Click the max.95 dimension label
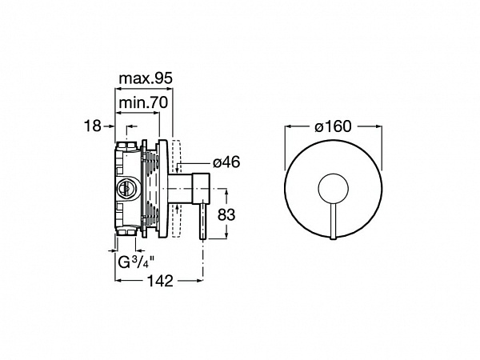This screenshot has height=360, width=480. [146, 78]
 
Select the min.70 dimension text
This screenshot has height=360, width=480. [143, 102]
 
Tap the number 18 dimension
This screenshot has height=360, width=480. [93, 126]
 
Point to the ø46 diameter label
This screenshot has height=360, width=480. [226, 162]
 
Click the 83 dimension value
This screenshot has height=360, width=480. [226, 214]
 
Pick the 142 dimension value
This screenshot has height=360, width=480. [161, 281]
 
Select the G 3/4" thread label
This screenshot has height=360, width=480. [136, 262]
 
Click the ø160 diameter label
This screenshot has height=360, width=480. [333, 126]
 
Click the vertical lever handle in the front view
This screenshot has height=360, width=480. [333, 222]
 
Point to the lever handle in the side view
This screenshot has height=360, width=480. [203, 222]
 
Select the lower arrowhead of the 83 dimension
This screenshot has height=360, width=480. [226, 235]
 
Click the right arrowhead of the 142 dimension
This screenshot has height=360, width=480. [199, 280]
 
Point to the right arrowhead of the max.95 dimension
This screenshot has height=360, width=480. [170, 89]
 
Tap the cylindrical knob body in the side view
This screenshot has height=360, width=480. [201, 188]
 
